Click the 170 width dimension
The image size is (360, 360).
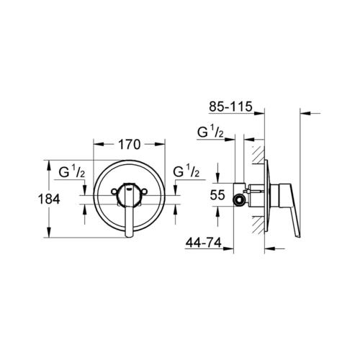pyautogui.click(x=129, y=145)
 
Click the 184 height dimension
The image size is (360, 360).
pyautogui.click(x=49, y=199)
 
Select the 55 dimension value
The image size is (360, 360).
pyautogui.click(x=217, y=195)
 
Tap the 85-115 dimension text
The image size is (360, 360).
pyautogui.click(x=230, y=107)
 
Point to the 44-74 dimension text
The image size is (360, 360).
pyautogui.click(x=204, y=243)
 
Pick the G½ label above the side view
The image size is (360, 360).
pyautogui.click(x=210, y=132)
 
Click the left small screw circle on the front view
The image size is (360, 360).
pyautogui.click(x=114, y=192)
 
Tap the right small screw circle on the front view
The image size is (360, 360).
pyautogui.click(x=145, y=192)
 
